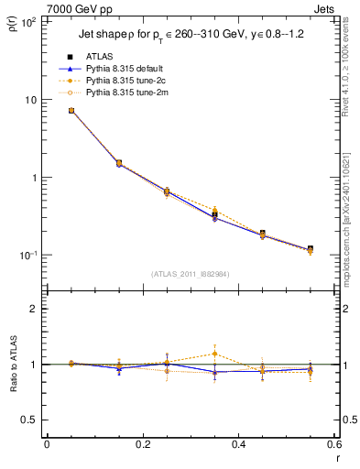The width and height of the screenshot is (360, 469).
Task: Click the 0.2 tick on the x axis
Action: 142,446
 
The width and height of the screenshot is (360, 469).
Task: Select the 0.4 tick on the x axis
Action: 238,446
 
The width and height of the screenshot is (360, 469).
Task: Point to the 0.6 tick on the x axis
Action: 333,446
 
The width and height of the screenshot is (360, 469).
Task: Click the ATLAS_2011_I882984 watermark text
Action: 190,274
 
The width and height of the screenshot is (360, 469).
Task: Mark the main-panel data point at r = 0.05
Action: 71,111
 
